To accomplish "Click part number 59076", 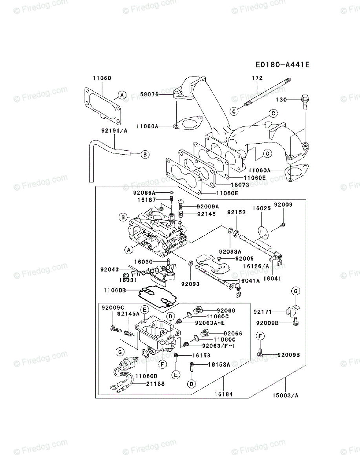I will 149,94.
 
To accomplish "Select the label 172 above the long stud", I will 257,78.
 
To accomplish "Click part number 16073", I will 240,184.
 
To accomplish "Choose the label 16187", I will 146,200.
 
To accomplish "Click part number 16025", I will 261,209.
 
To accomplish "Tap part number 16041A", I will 250,281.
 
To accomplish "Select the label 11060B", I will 115,290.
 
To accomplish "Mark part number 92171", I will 263,312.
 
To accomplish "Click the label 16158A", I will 219,365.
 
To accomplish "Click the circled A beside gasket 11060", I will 122,95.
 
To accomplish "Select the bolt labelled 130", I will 305,101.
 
